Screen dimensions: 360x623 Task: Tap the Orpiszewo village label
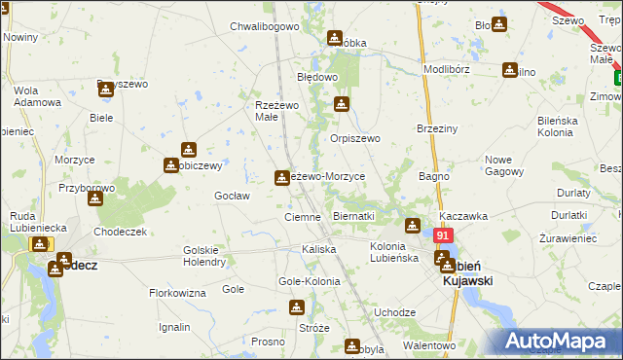click(x=354, y=139)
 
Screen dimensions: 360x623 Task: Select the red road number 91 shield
click(x=444, y=235)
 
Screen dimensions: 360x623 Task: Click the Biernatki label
click(x=353, y=216)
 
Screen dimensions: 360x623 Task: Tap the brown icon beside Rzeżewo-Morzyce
click(x=282, y=176)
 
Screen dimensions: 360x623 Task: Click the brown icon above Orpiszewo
click(x=342, y=104)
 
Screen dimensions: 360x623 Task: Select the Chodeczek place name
click(x=120, y=232)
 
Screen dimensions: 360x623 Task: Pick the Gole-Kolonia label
click(x=310, y=281)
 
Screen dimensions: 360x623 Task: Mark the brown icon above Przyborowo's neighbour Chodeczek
click(x=94, y=198)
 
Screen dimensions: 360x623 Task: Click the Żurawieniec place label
click(x=568, y=237)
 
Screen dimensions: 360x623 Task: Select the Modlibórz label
click(x=448, y=71)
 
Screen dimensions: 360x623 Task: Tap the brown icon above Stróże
click(x=297, y=307)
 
